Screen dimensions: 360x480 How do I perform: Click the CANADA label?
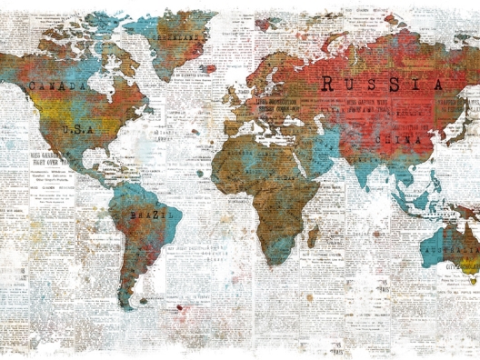tap(58, 85)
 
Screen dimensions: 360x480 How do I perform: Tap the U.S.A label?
tap(78, 130)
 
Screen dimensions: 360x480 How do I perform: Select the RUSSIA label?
tap(383, 84)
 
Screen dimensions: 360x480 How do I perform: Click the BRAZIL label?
tap(146, 215)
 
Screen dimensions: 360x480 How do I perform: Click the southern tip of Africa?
tap(272, 262)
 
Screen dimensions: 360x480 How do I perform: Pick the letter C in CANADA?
tap(34, 85)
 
